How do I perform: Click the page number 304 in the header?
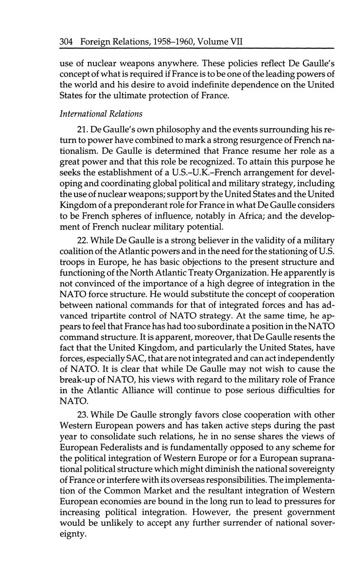(67, 42)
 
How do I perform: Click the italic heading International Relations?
(101, 114)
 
